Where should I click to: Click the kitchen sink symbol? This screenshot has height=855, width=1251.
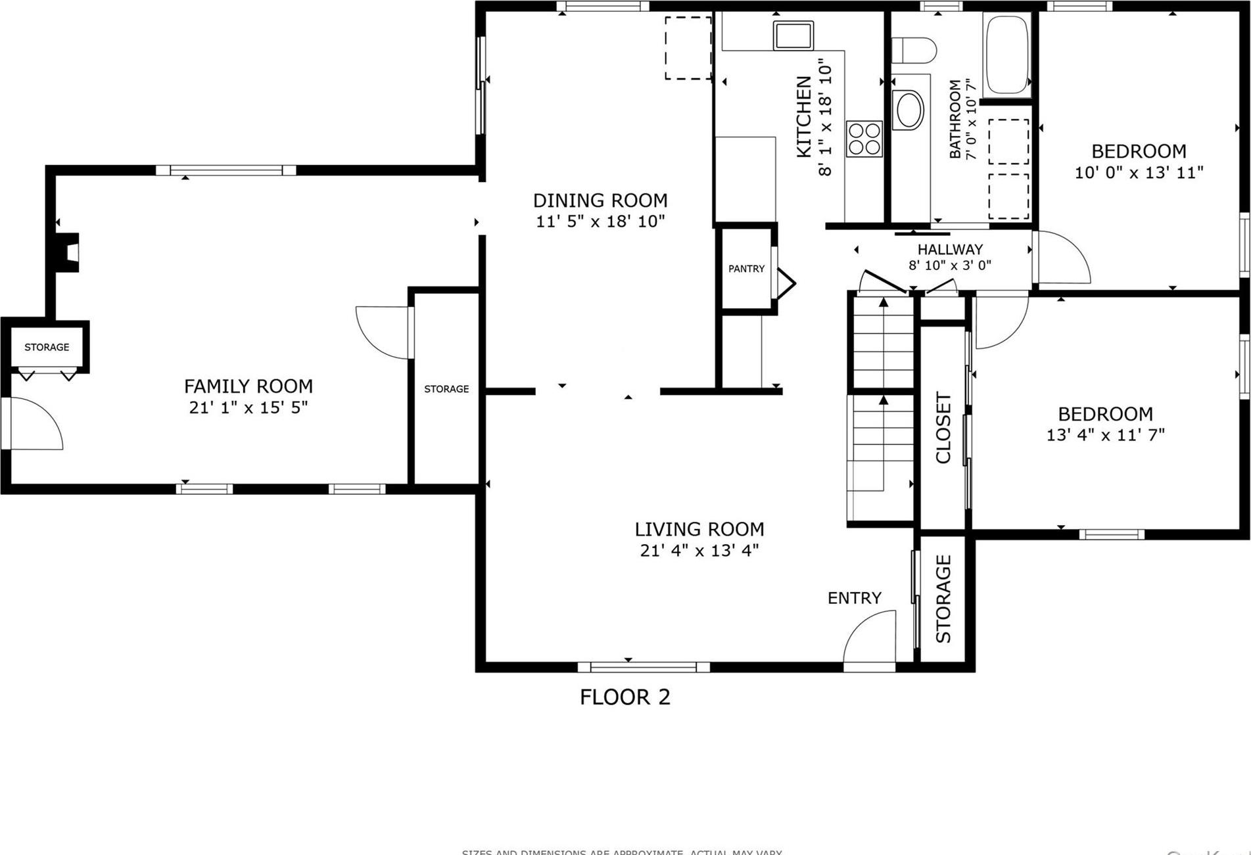coord(793,35)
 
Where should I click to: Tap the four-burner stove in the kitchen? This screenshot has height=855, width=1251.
coord(864,139)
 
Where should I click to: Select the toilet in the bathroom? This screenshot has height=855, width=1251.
coord(914,51)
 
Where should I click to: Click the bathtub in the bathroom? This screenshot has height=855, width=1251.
coord(1006,55)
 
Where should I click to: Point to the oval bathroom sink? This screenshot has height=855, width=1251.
coord(909,110)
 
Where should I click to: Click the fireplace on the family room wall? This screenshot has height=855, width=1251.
coord(68,252)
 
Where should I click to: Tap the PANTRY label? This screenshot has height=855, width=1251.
coord(746,269)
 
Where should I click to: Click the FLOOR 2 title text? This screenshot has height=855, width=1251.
coord(625,697)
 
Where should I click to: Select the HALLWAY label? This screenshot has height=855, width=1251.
coord(950,250)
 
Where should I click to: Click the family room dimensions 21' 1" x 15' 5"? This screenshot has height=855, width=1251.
coord(248,407)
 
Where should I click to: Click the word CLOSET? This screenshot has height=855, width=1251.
coord(943,428)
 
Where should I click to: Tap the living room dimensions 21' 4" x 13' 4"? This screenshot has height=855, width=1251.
coord(699,550)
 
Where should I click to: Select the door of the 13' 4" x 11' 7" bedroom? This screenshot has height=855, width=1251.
coord(999,321)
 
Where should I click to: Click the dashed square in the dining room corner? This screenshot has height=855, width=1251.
coord(688,48)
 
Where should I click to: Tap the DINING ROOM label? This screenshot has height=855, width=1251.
coord(600,200)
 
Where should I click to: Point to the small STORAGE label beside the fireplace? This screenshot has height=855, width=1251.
coord(47,347)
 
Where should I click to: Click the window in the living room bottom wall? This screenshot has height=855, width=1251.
coord(644,667)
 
